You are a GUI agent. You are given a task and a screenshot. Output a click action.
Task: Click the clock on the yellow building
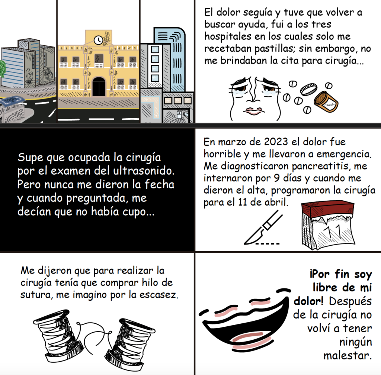pos(98,40)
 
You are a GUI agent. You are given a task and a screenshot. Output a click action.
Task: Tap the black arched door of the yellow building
pos(99,87)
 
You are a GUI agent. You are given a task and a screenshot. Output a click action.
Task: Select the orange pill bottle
pos(326,102)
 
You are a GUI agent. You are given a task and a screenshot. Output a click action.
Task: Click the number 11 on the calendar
pos(333,233)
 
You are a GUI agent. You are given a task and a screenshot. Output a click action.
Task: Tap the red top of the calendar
pos(327,209)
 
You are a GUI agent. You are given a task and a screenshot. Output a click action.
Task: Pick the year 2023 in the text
pos(276,142)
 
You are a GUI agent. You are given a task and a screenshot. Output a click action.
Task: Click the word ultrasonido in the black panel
pos(144,171)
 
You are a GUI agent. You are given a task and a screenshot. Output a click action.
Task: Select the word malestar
pos(348,356)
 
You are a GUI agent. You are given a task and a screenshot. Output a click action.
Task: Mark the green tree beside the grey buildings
pos(3,69)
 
